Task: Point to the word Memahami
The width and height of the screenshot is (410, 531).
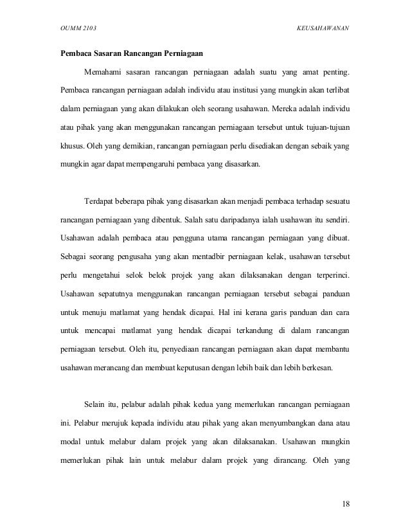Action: (x=102, y=69)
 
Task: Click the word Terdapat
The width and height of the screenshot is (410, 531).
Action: (x=100, y=204)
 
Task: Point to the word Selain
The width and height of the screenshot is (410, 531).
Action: (x=96, y=405)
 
